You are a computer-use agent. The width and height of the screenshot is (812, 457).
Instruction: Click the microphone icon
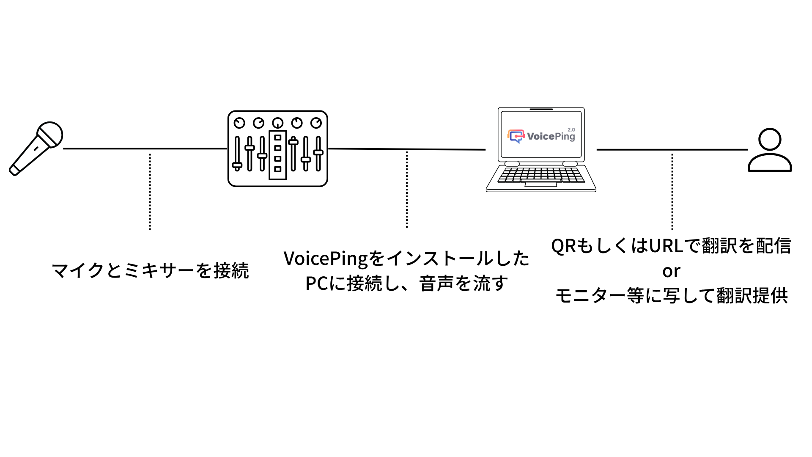point(36,149)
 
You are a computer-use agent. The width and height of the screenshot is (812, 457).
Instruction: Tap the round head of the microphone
point(50,135)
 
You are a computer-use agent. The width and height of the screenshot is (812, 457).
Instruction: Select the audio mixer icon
point(277,149)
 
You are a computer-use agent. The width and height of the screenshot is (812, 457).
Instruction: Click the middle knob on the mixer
point(277,123)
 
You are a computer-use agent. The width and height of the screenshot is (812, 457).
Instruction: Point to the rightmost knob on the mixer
point(316,123)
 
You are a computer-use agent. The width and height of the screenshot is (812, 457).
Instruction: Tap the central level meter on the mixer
point(277,154)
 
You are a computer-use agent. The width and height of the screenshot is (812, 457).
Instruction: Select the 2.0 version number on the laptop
point(571,130)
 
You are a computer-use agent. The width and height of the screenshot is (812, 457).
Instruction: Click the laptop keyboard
point(540,175)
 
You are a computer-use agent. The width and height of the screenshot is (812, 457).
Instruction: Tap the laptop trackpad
point(540,184)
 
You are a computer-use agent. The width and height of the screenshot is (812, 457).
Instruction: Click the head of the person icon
point(769,139)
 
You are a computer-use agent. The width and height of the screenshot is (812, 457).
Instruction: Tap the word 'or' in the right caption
point(671,271)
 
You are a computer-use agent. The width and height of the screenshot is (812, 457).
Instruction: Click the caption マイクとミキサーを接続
point(150,270)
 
